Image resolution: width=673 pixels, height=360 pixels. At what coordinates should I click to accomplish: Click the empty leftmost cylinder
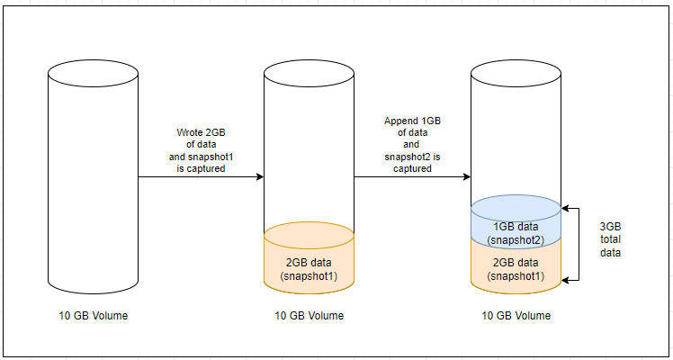pyautogui.click(x=92, y=180)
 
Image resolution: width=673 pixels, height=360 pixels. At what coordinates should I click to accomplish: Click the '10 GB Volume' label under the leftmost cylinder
pyautogui.click(x=93, y=316)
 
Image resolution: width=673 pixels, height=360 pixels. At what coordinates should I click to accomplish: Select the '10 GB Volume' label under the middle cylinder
pyautogui.click(x=309, y=316)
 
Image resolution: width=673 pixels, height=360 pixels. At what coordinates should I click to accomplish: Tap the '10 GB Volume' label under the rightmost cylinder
pyautogui.click(x=516, y=316)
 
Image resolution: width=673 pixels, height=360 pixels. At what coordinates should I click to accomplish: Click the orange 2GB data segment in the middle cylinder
pyautogui.click(x=309, y=261)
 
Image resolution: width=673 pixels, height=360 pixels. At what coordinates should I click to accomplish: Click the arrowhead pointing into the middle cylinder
pyautogui.click(x=259, y=177)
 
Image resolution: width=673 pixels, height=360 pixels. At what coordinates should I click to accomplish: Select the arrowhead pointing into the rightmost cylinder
pyautogui.click(x=467, y=177)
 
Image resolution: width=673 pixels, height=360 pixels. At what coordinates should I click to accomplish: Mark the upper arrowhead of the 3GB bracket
pyautogui.click(x=566, y=204)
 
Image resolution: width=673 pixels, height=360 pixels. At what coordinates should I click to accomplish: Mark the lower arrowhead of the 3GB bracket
pyautogui.click(x=566, y=281)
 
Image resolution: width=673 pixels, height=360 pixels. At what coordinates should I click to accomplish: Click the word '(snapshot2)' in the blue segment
pyautogui.click(x=516, y=240)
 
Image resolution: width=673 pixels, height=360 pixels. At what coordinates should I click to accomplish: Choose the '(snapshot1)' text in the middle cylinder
pyautogui.click(x=309, y=275)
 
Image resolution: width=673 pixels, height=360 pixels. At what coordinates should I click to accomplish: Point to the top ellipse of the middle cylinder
pyautogui.click(x=309, y=71)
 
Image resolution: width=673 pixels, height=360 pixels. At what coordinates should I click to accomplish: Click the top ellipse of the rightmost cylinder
pyautogui.click(x=516, y=71)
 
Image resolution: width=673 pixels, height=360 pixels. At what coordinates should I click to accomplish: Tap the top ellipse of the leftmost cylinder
pyautogui.click(x=92, y=71)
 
